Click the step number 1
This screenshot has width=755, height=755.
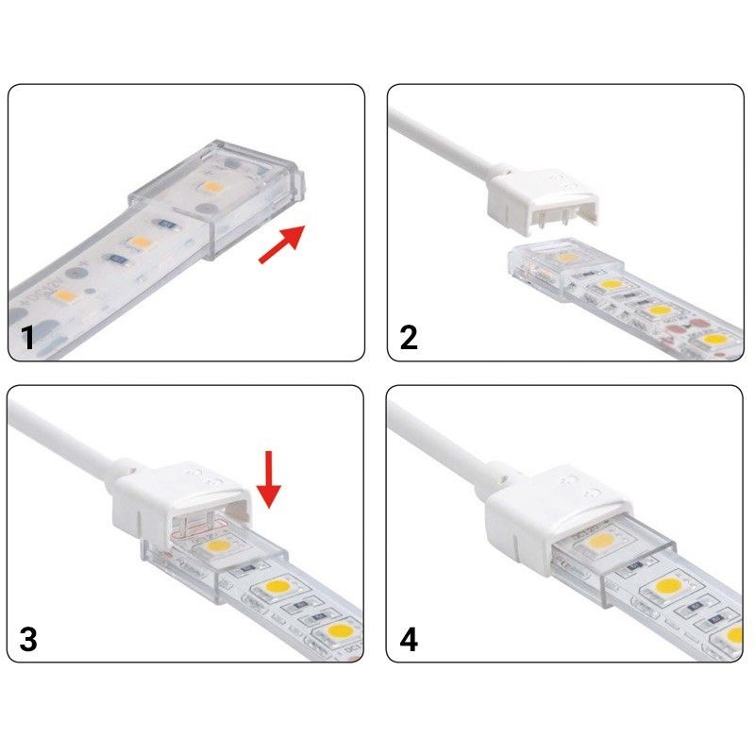pyautogui.click(x=28, y=337)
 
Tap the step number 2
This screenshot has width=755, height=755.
pyautogui.click(x=408, y=337)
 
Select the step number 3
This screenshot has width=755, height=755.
pyautogui.click(x=28, y=639)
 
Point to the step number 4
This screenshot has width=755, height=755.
pyautogui.click(x=408, y=639)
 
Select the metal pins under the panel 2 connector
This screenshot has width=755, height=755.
pyautogui.click(x=557, y=225)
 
